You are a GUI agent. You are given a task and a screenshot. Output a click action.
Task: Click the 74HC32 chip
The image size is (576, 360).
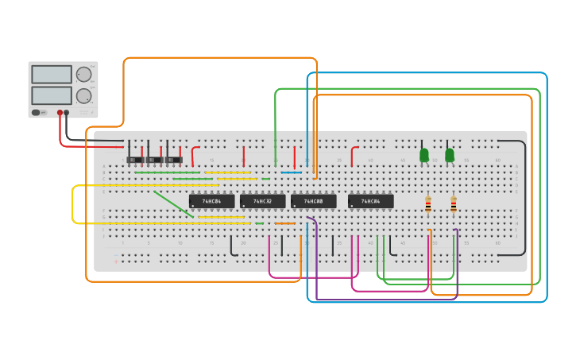pos(262,202)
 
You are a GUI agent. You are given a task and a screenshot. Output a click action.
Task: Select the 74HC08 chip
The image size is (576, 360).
pos(313,202)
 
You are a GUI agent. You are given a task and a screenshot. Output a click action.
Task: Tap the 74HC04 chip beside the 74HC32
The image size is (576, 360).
pos(211,202)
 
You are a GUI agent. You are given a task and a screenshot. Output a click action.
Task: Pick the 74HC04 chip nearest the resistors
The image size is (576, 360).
pos(370,202)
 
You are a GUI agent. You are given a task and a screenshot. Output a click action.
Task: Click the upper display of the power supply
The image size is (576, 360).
pos(52,75)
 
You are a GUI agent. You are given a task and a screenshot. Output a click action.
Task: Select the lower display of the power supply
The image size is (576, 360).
pos(52,96)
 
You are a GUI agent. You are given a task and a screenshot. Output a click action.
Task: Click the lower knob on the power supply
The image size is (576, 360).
pos(83,97)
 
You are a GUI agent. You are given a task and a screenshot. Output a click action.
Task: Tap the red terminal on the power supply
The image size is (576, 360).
pos(60,113)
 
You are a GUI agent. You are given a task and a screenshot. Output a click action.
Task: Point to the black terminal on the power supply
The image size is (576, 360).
pos(67,113)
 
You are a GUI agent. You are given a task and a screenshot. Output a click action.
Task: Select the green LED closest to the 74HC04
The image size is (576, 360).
pos(424,154)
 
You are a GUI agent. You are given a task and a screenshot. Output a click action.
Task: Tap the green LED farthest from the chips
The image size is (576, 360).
pos(450,154)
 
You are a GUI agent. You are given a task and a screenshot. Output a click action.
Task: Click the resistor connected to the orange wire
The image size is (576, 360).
pos(428,205)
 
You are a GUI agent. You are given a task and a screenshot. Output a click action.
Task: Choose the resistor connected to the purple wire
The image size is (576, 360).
pos(454,205)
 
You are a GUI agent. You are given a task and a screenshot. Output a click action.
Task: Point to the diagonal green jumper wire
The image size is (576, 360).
pos(173,203)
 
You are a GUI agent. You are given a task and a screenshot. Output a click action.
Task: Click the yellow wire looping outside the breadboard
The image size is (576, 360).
pos(74,204)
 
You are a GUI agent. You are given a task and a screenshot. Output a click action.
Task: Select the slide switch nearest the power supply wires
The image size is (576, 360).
pos(135,159)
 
